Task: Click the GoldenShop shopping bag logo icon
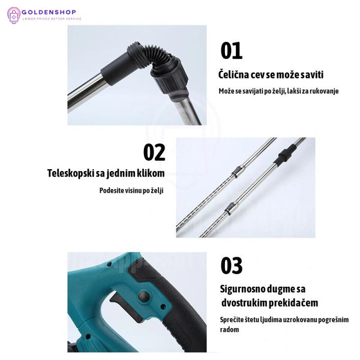(x=14, y=15)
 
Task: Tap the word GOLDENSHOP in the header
(x=49, y=12)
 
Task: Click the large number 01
(x=231, y=50)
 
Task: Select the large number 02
(x=154, y=152)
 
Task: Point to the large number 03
(x=231, y=265)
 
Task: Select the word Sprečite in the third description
(x=230, y=320)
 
